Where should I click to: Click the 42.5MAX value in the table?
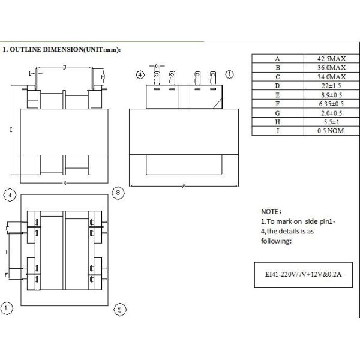point(331,59)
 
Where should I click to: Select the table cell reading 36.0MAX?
point(331,68)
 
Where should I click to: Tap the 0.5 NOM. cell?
point(331,131)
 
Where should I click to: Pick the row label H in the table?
point(278,122)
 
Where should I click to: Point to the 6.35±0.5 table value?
point(331,104)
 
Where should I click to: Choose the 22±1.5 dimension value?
point(331,86)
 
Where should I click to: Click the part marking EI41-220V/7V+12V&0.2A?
point(303,274)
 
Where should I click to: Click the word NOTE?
point(270,211)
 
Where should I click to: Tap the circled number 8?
point(118,193)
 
